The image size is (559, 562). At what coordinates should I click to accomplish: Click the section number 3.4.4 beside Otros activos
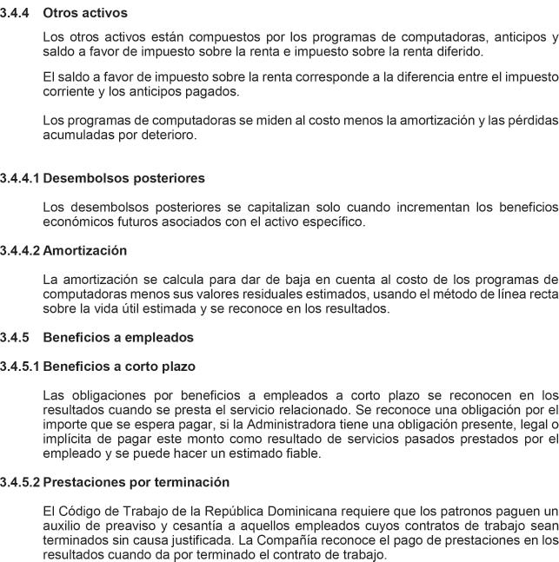[16, 13]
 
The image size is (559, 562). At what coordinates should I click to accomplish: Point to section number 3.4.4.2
[20, 250]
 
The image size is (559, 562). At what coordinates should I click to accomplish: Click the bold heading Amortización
[85, 250]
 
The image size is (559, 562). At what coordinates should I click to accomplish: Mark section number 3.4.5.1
[20, 366]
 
